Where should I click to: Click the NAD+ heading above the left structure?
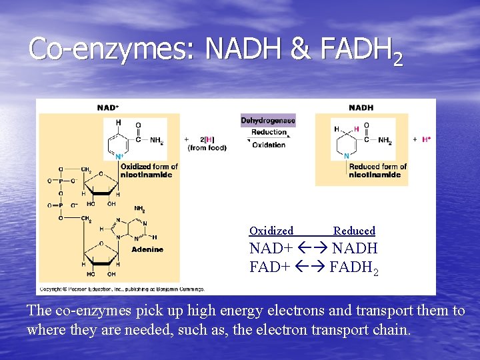coord(108,107)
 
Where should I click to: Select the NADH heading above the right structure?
coord(361,107)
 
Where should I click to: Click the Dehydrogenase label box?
coord(268,121)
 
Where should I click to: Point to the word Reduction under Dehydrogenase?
coord(269,132)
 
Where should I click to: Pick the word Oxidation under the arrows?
coord(269,145)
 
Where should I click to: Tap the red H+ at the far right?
coord(425,140)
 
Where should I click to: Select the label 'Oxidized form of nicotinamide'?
coord(149,171)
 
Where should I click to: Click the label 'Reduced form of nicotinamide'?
coord(377,171)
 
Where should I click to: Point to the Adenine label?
coord(147,250)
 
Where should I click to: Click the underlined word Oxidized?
coord(271,231)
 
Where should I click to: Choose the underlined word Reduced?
coord(354,231)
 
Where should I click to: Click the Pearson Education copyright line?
coord(121,289)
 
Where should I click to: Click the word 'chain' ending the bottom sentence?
coord(389,329)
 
